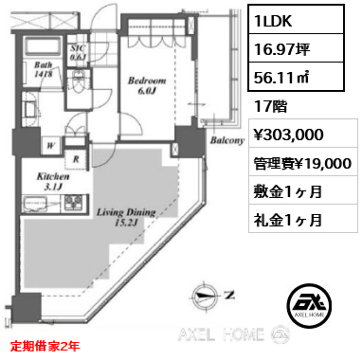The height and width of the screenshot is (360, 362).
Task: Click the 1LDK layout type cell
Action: pos(296,20)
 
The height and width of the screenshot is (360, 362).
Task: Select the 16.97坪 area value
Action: pos(296,48)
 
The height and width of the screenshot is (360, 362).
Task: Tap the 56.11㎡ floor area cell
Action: pos(296,77)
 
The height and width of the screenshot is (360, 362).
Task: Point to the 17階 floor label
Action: pos(271,106)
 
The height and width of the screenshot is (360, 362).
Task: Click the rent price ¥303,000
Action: pos(289,135)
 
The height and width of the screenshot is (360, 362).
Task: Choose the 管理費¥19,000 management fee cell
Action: pos(303,163)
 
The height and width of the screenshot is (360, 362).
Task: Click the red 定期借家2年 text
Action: pos(45,346)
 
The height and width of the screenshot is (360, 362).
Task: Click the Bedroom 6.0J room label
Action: pos(147,85)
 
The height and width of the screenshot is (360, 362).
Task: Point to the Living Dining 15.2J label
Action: pos(126,217)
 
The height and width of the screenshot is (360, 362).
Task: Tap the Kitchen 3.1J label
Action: pos(53,181)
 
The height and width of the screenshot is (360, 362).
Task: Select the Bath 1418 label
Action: pos(44,69)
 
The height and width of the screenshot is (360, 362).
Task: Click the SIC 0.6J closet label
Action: pos(78,52)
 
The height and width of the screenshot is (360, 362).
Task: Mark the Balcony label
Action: pos(227,140)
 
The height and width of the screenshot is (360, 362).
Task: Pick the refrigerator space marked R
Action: pos(75,160)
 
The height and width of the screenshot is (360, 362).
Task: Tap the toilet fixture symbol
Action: pos(78,82)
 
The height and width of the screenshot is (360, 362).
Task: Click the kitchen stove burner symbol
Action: pos(73,202)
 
